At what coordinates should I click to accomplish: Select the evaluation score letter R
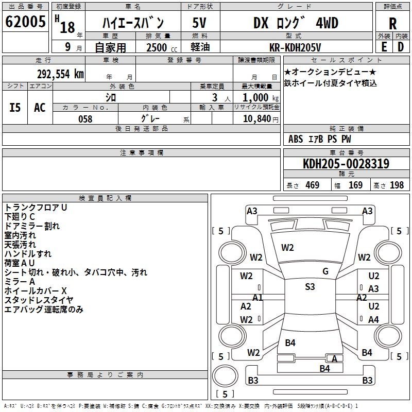[392, 24]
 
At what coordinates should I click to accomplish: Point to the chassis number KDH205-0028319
[346, 164]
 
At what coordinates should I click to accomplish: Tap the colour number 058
[85, 119]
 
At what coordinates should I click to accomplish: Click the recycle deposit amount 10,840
[256, 119]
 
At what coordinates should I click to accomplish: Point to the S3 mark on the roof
[310, 287]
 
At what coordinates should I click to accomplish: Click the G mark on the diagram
[325, 271]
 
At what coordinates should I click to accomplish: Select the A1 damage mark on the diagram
[258, 297]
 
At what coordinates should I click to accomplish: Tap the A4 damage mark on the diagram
[373, 320]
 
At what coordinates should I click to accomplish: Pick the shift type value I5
[15, 107]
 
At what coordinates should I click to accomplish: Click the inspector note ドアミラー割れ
[32, 226]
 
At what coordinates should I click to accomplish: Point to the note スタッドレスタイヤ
[39, 300]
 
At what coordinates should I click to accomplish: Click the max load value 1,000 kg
[257, 97]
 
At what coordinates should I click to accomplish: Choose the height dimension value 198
[397, 185]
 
